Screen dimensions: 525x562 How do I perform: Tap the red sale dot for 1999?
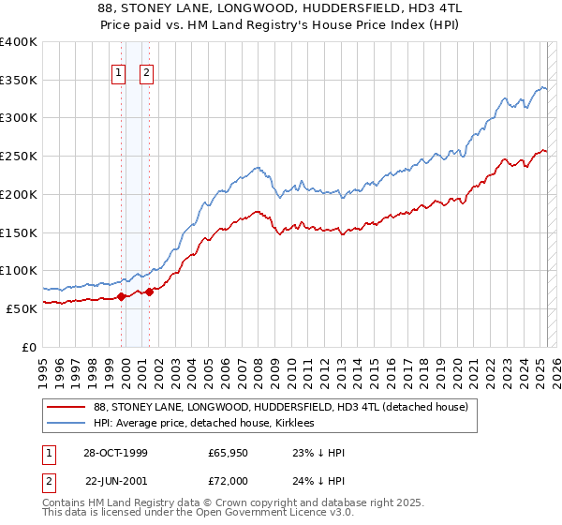(x=122, y=297)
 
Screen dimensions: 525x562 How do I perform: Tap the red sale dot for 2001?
(x=149, y=292)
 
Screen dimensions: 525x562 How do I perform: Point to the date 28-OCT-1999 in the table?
(x=116, y=453)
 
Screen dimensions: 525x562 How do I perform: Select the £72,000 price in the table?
(x=228, y=481)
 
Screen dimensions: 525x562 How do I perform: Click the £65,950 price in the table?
(x=228, y=453)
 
